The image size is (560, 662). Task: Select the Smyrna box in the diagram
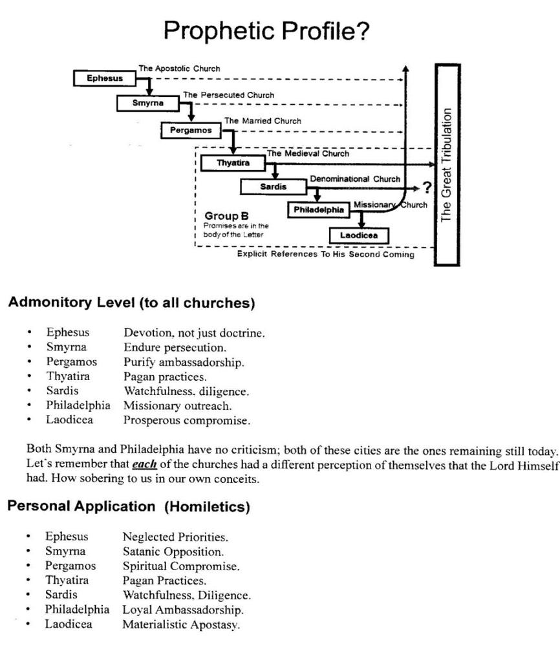coord(148,103)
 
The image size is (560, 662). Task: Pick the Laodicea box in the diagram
coord(363,236)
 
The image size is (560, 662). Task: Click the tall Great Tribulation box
coord(447,165)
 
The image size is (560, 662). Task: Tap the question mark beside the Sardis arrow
coord(426,188)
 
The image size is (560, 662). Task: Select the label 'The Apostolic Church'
coord(179,69)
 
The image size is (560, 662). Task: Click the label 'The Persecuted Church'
coord(228,95)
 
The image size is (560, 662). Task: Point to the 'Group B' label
coord(222,215)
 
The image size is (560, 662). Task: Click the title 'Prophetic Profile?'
coord(266,30)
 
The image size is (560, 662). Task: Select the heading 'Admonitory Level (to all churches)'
coord(131,303)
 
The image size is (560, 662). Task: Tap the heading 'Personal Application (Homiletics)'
coord(129,506)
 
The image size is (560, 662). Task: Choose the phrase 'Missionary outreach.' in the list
coord(177,406)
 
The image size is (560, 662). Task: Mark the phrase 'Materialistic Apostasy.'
coord(180,625)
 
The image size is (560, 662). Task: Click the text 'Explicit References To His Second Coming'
coord(325,255)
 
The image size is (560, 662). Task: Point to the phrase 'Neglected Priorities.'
coord(175,537)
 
